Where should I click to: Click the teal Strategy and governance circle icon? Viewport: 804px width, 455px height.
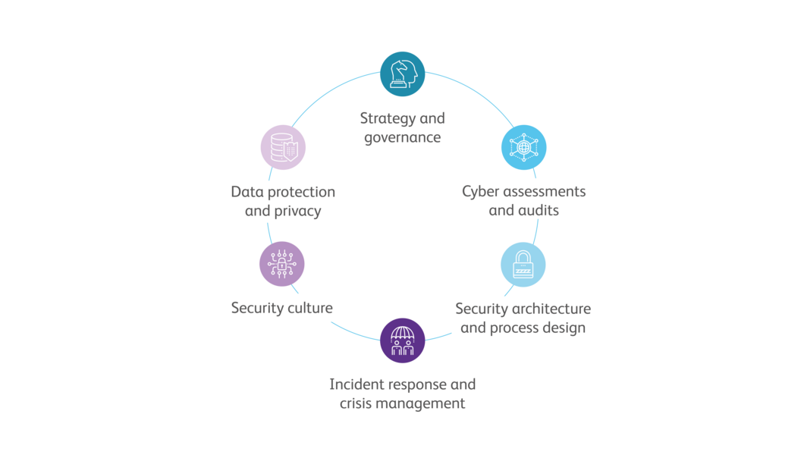402,74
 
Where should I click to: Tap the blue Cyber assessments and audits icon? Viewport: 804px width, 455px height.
523,146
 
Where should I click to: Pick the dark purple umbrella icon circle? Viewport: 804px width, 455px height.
402,340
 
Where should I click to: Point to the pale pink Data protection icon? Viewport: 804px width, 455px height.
283,146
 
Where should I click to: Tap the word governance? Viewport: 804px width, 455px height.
402,139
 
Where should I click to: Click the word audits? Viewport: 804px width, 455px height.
539,211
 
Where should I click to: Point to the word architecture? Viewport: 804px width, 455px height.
549,309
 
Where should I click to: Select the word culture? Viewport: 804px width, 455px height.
307,309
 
